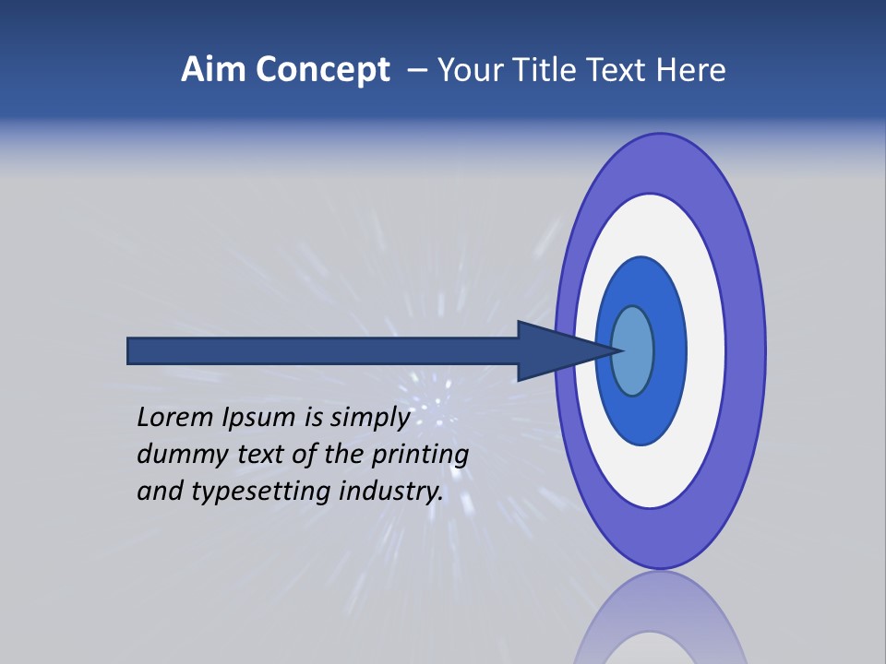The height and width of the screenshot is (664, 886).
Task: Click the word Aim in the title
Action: tap(213, 70)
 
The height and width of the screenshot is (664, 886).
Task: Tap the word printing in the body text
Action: tap(422, 456)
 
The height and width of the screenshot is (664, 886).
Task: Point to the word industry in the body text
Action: tap(391, 492)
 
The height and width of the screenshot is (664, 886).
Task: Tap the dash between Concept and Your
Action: tap(417, 70)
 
